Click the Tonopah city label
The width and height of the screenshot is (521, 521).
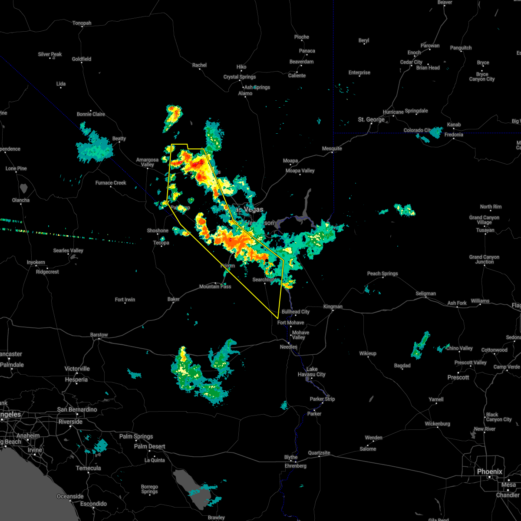pos(82,23)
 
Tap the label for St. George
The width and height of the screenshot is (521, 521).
pos(371,119)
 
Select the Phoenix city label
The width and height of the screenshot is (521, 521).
pos(489,472)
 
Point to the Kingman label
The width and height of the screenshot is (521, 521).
pos(333,307)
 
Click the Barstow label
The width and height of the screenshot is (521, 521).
pos(99,335)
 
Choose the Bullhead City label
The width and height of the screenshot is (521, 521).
pos(296,312)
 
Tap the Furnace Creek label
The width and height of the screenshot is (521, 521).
pos(111,183)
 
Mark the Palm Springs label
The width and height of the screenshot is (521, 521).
pos(136,436)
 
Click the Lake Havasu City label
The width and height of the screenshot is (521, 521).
pos(312,372)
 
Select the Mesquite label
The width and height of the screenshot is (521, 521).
pos(332,148)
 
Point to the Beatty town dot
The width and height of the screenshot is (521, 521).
pos(119,144)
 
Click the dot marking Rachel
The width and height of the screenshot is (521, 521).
pos(199,70)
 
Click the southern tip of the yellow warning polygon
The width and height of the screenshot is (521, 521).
pos(277,318)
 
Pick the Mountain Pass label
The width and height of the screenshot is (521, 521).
pos(215,287)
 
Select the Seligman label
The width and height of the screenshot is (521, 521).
pos(425,293)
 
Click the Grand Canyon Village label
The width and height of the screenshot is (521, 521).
pos(485,220)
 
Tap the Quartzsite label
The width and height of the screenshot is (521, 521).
pos(320,453)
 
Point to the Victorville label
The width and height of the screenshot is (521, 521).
pos(77,369)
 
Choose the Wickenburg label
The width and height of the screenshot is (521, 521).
pos(438,424)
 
